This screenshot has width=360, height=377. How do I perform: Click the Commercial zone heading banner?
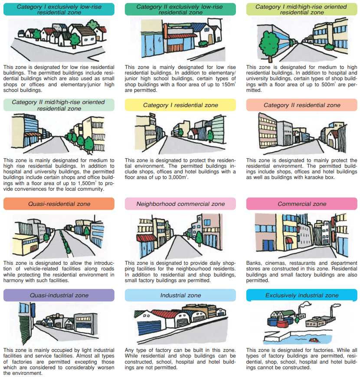click(302, 204)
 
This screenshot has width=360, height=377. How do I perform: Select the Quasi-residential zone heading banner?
click(59, 204)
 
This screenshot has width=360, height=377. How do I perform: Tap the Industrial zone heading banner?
click(180, 295)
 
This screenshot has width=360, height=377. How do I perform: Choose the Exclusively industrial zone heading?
click(302, 295)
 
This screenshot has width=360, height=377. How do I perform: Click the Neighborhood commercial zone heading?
click(180, 204)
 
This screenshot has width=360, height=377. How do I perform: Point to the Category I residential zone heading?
click(180, 105)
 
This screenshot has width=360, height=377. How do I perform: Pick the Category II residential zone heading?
click(302, 105)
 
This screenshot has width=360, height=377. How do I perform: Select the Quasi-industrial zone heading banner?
click(59, 295)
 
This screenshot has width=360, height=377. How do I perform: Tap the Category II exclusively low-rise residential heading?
click(180, 9)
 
